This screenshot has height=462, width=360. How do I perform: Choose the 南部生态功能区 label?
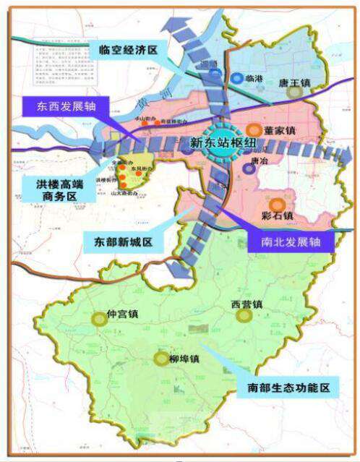point(287,388)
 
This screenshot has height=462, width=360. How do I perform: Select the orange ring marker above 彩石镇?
point(278,204)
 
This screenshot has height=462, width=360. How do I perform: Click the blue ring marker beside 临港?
point(236,78)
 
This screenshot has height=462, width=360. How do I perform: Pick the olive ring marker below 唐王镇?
point(293,92)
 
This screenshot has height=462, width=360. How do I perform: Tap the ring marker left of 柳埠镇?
point(160,359)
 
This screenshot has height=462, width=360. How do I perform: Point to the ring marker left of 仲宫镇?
point(99,318)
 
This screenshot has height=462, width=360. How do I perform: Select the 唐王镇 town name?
point(294,82)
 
